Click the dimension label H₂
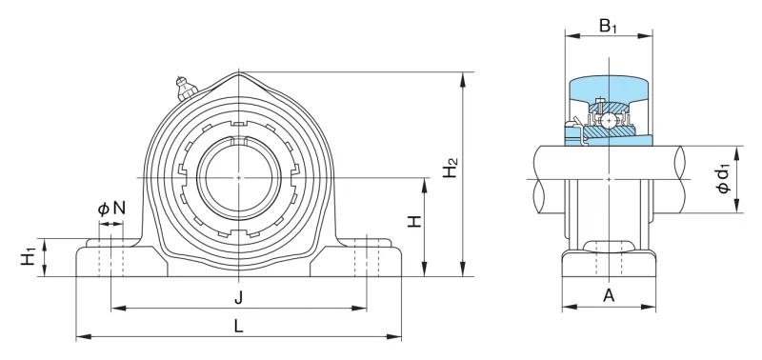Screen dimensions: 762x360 point(451,168)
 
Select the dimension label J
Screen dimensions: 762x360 point(238,297)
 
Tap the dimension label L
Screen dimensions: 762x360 point(238,327)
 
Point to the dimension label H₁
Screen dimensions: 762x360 point(29,256)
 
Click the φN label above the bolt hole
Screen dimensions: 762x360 point(111,209)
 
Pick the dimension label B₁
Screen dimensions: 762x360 point(608,26)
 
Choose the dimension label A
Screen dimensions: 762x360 point(609,294)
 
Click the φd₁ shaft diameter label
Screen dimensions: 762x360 point(724,179)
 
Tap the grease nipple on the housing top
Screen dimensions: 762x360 point(185,88)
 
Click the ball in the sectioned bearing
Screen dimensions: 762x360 point(609,119)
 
